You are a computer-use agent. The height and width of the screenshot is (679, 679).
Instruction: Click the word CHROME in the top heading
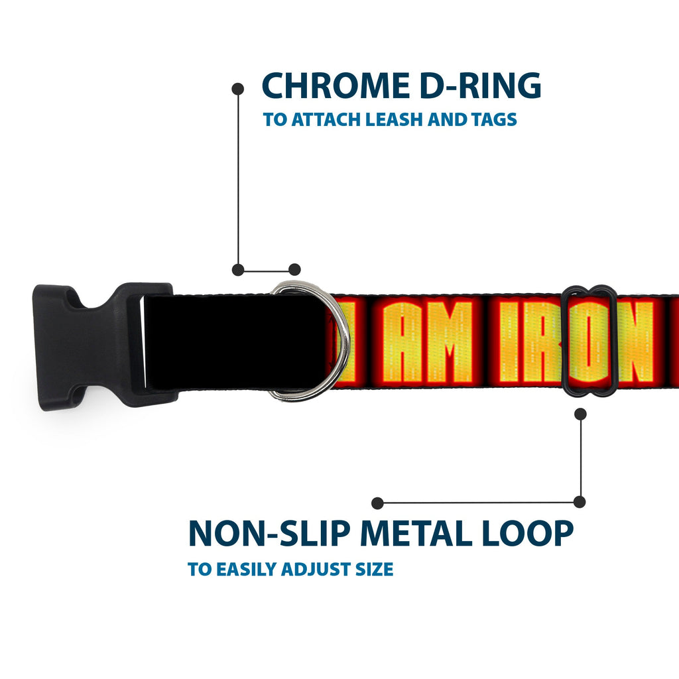[336, 86]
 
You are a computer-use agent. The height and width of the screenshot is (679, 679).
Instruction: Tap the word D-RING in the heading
[480, 86]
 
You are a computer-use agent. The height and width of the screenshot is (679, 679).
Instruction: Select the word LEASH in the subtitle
[394, 119]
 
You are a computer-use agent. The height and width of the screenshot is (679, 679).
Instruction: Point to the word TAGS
[494, 119]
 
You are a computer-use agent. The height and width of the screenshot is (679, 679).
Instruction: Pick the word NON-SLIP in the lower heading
[269, 533]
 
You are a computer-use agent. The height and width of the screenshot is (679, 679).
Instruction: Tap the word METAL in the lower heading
[416, 533]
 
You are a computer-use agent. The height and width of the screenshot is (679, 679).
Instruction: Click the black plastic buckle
[104, 345]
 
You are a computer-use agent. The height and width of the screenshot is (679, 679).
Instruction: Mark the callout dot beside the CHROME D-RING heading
[238, 90]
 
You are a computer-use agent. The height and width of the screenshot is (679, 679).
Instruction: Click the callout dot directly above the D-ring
[294, 269]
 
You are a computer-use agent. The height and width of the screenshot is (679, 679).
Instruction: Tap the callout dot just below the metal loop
[580, 414]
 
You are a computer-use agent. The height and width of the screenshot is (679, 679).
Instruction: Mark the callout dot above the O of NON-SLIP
[377, 503]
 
